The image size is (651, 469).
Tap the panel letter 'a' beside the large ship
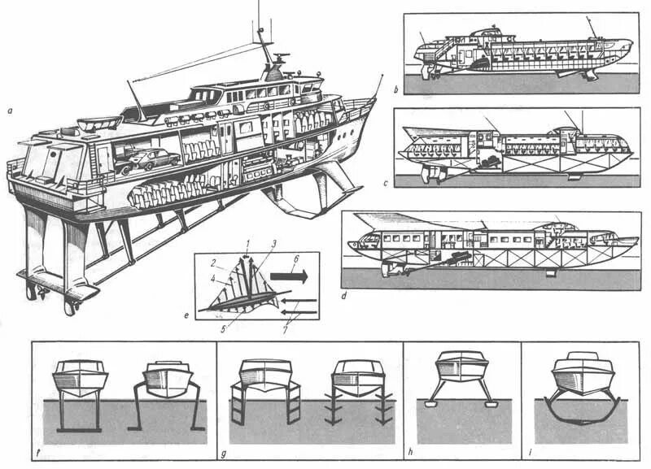pos(9,111)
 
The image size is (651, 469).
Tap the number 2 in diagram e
pos(211,263)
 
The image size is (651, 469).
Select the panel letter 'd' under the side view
pos(345,295)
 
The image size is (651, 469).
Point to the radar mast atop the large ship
pos(267,49)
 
